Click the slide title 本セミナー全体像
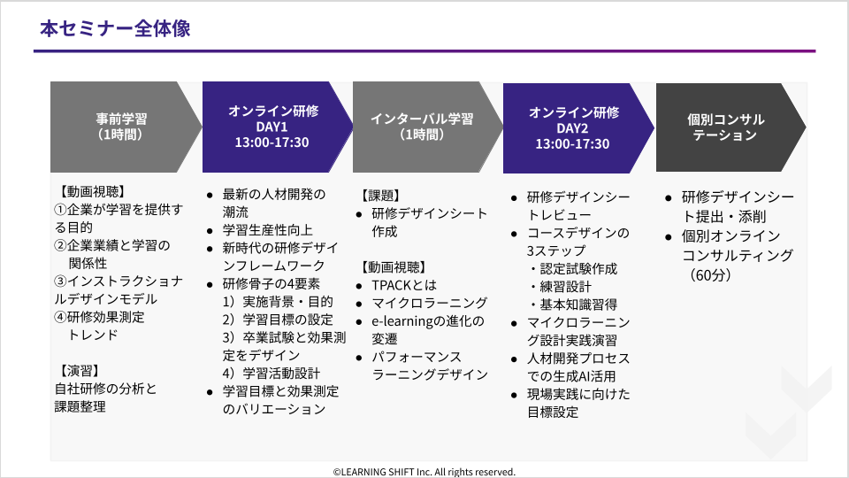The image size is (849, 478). (115, 28)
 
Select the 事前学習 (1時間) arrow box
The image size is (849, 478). (126, 127)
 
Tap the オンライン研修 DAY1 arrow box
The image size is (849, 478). (277, 127)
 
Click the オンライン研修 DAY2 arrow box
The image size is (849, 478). (578, 127)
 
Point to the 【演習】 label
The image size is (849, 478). (79, 371)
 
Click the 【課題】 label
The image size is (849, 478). (380, 196)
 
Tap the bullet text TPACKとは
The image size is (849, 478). (404, 285)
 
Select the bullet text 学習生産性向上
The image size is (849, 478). (267, 230)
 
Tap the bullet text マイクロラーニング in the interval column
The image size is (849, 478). (430, 303)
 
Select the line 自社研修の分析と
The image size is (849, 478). (105, 389)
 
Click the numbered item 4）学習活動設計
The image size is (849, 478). (272, 373)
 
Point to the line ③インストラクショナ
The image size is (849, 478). (119, 281)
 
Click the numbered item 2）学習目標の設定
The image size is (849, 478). (278, 320)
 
